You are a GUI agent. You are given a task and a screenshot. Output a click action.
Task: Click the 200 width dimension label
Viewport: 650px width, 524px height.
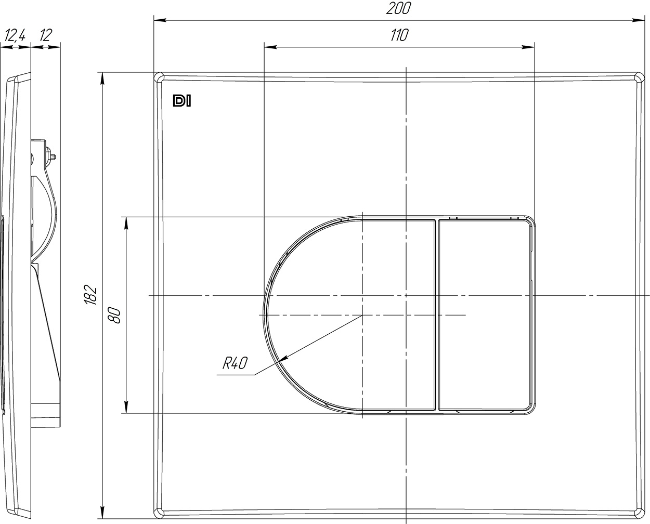pyautogui.click(x=399, y=8)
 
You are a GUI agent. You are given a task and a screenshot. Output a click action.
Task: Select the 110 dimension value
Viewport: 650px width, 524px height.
pyautogui.click(x=399, y=35)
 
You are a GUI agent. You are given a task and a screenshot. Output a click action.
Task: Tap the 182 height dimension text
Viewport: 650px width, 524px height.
pyautogui.click(x=90, y=294)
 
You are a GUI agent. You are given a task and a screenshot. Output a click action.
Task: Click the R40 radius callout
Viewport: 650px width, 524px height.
pyautogui.click(x=235, y=363)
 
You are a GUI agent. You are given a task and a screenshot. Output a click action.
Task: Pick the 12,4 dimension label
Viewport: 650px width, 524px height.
pyautogui.click(x=15, y=35)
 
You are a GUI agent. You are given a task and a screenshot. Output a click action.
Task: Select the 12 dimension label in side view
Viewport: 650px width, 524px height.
pyautogui.click(x=46, y=35)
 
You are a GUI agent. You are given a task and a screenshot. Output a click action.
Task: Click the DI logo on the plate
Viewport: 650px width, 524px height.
pyautogui.click(x=182, y=101)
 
